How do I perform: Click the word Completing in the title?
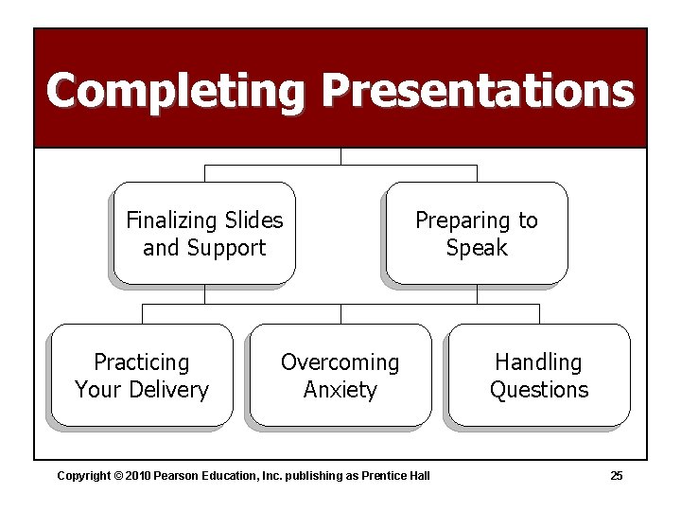click(175, 91)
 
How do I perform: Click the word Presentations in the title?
click(477, 91)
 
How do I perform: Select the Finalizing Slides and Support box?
click(204, 234)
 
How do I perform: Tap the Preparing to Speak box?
click(477, 234)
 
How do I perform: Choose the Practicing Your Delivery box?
click(142, 376)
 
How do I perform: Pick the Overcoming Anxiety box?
click(340, 376)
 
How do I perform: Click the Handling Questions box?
click(539, 376)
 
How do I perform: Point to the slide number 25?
click(616, 475)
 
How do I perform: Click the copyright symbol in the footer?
click(119, 475)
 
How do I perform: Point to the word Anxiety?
click(340, 390)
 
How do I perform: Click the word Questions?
click(539, 390)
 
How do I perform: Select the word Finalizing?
click(171, 220)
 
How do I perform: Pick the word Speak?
click(477, 248)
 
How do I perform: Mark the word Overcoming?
click(340, 362)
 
